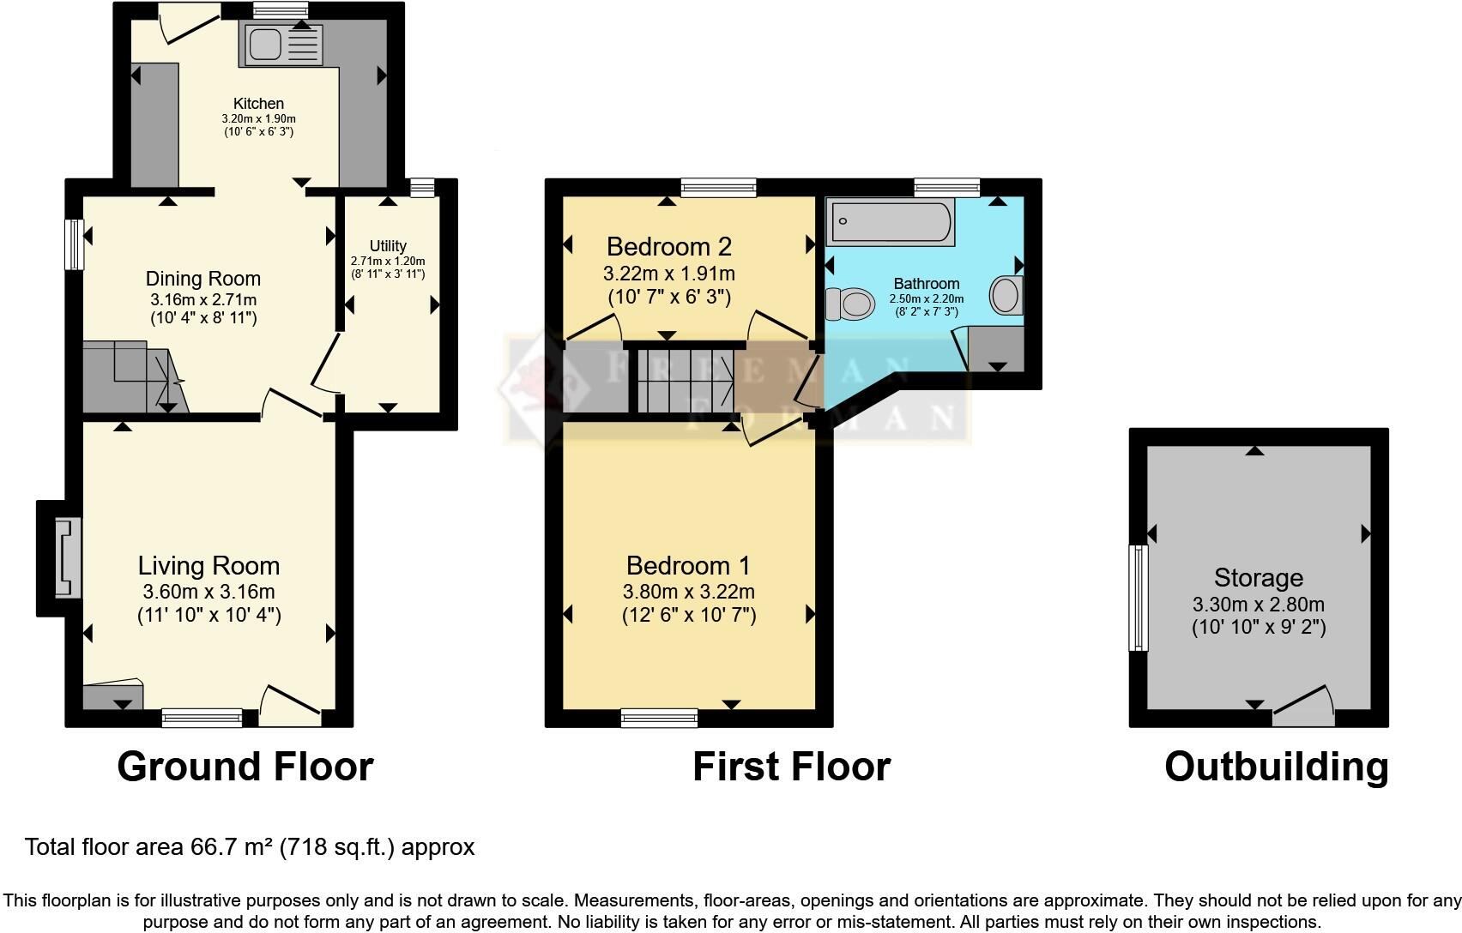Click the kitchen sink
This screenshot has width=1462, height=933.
(x=283, y=44)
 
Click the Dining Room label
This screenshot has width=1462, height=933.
(x=203, y=279)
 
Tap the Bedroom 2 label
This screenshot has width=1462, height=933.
(x=668, y=247)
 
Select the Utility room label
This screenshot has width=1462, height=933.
(x=388, y=246)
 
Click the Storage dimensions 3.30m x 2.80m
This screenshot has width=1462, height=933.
(x=1258, y=604)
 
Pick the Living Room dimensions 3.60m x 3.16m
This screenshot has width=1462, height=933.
(x=208, y=592)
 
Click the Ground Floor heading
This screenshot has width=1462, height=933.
(x=245, y=766)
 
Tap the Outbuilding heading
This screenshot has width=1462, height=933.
(x=1276, y=766)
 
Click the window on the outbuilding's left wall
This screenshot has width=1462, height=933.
(x=1139, y=597)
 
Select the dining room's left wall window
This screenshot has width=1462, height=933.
(x=76, y=244)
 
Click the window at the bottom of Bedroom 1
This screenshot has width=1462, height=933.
(x=659, y=718)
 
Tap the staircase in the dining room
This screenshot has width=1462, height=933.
(x=133, y=377)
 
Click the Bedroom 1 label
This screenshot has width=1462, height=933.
(x=688, y=566)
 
